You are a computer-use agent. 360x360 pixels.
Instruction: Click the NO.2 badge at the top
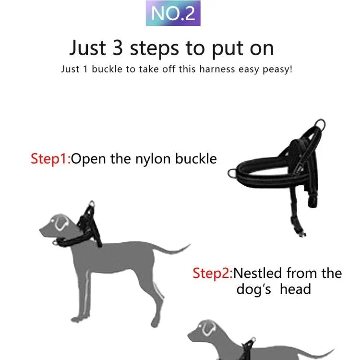coord(173,13)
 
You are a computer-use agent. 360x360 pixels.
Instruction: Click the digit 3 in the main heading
coord(118,48)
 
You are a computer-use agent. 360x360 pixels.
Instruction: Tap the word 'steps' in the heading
coord(154,49)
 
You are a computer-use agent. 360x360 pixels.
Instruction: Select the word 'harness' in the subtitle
coord(217,69)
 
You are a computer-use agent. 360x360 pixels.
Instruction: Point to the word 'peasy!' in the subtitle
coord(277,70)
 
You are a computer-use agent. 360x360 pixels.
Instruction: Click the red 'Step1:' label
coord(51,159)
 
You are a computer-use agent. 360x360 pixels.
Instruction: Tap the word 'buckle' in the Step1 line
coord(196,159)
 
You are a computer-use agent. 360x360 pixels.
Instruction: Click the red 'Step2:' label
coord(213,274)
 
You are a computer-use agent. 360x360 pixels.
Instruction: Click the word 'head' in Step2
coord(296,289)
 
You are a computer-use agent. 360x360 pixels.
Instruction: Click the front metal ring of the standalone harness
coord(231,173)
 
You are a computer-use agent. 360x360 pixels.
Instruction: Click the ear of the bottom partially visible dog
coord(209,328)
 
